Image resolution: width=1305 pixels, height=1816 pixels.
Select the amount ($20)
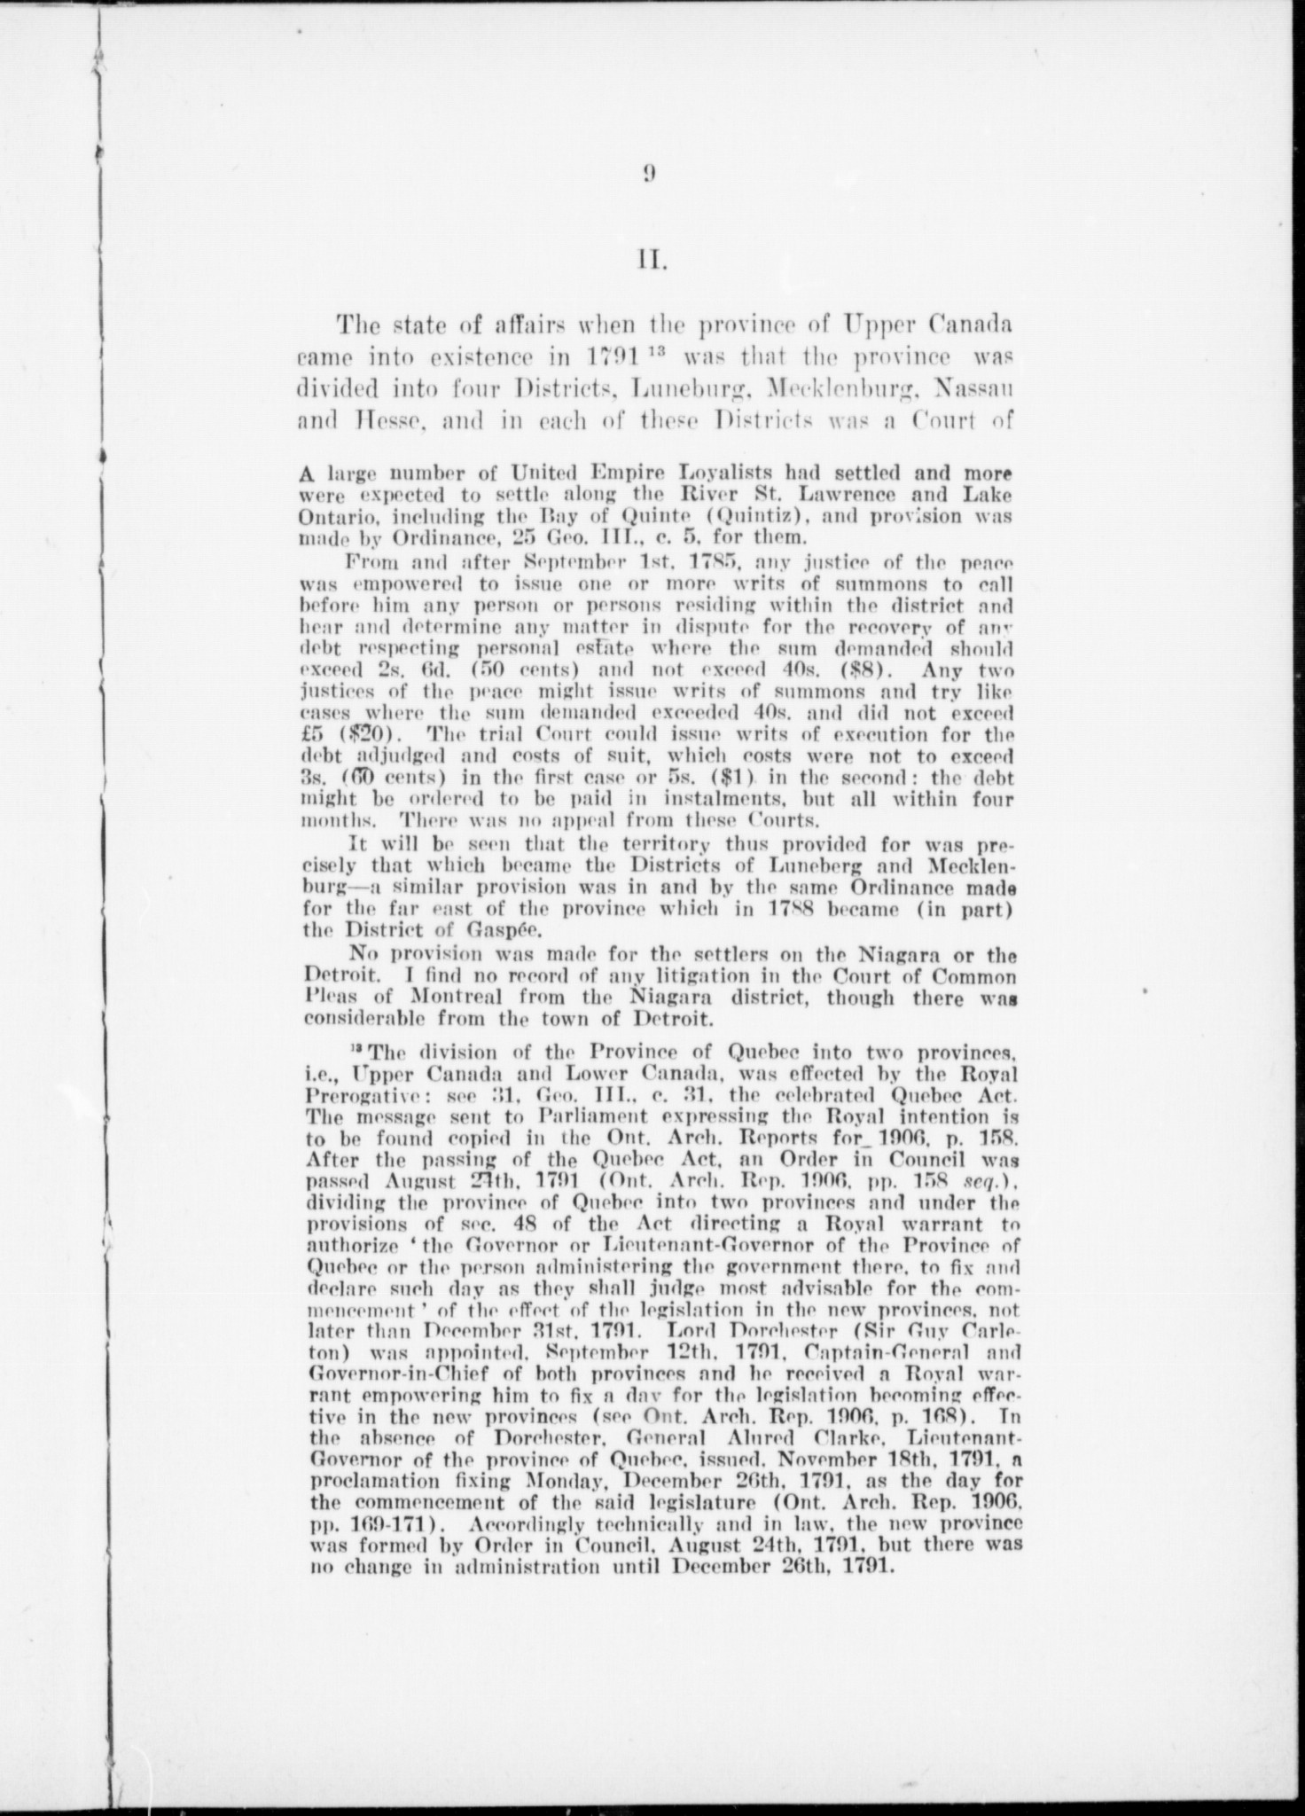point(368,734)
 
